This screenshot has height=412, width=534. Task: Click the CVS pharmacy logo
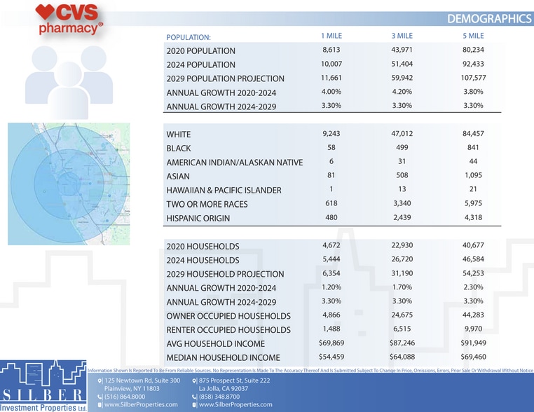pos(69,20)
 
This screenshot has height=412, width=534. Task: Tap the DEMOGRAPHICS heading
pos(489,19)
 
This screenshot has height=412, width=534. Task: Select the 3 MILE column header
pos(402,36)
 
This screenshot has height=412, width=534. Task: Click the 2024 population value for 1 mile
pos(331,64)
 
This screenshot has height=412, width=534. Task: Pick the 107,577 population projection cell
pos(473,78)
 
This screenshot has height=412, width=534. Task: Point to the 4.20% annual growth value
pos(402,92)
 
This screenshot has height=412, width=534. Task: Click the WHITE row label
pos(179,134)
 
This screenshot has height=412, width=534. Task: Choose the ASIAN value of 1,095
pos(473,175)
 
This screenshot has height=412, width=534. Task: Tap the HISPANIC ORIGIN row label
pos(198,218)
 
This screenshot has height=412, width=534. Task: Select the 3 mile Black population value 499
pos(402,147)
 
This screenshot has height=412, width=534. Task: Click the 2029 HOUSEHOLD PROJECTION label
pos(225,274)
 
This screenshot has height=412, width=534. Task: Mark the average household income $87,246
pos(402,343)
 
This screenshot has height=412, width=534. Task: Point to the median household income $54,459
pos(331,357)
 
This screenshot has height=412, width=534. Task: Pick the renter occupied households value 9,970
pos(473,329)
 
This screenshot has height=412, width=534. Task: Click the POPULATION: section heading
pos(189,37)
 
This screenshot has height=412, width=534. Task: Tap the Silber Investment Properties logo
pos(43,386)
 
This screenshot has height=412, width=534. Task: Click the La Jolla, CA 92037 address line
pos(224,388)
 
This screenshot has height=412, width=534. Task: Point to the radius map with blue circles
pos(69,184)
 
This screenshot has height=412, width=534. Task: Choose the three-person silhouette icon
pos(69,83)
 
